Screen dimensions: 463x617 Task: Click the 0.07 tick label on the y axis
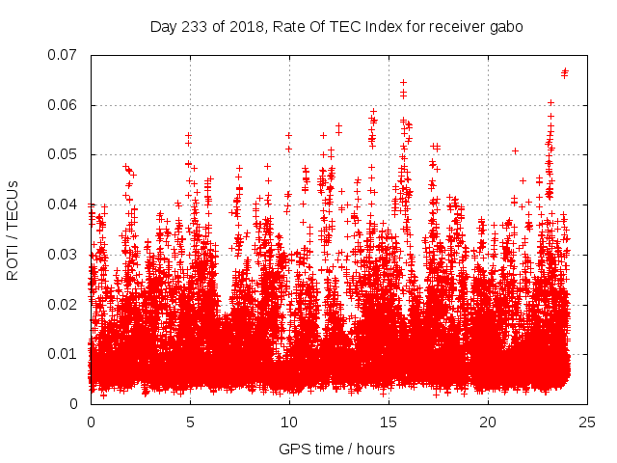66,55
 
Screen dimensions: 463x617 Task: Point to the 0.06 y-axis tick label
66,105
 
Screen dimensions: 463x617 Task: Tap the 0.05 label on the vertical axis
66,154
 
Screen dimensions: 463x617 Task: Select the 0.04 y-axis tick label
66,204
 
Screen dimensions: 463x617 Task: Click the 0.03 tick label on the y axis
66,255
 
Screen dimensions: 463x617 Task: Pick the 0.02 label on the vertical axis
66,304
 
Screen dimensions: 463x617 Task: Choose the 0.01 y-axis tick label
66,354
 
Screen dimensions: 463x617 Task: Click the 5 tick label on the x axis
190,422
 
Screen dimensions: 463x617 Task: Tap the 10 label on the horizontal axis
289,422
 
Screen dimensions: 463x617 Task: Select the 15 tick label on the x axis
389,422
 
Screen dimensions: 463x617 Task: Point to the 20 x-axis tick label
488,422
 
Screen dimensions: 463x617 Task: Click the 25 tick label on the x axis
587,422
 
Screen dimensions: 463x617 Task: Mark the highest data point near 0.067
565,70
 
